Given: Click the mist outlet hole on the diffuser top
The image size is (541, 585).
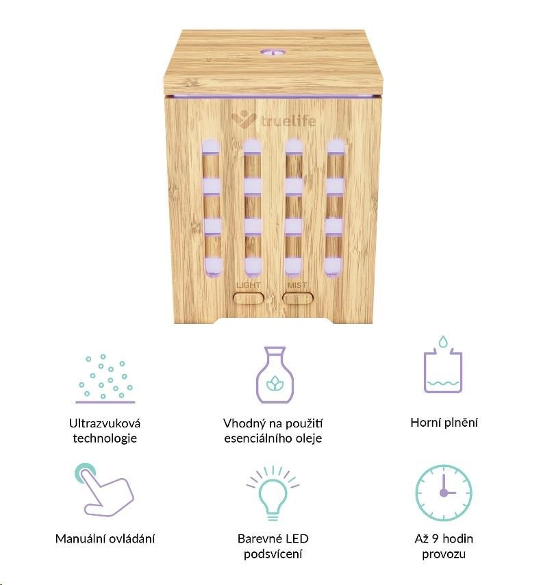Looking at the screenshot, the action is click(273, 53).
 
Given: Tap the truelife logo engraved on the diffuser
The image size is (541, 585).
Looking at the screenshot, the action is click(273, 120).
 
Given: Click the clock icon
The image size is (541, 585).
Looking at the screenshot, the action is click(444, 493).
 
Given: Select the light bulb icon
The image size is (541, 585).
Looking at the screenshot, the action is click(273, 493).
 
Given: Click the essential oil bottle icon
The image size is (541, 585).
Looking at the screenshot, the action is click(275, 375).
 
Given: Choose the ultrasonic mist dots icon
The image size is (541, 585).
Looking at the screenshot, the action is click(105, 379).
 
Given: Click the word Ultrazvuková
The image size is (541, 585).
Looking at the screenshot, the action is click(105, 423).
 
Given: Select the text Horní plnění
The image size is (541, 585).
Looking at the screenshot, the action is click(444, 423).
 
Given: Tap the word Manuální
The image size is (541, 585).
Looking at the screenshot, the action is click(79, 538).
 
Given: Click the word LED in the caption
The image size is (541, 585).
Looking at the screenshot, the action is click(297, 538).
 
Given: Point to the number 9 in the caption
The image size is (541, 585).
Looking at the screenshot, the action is click(435, 538).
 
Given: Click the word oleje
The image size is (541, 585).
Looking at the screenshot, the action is click(309, 438).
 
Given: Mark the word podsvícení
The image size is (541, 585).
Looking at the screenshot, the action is click(273, 554).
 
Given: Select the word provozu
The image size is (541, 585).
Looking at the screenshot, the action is click(444, 554).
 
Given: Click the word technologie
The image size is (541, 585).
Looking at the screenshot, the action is click(105, 438).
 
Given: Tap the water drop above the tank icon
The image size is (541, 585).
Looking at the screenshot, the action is click(443, 341).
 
